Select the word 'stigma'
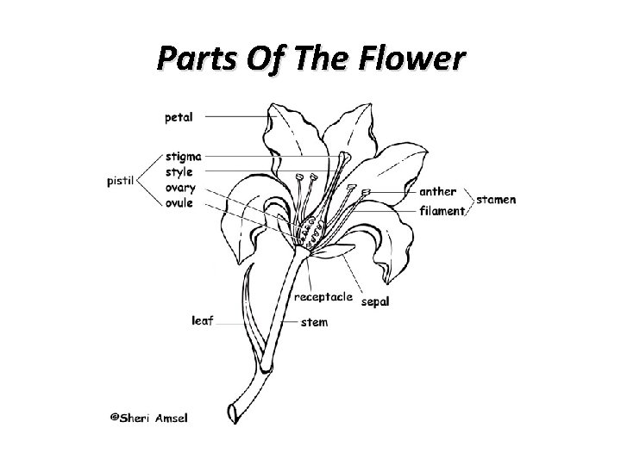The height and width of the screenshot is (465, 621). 184,157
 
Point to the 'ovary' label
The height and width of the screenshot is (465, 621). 180,188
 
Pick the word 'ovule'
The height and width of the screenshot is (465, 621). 179,203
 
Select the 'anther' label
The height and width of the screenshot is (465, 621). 437,191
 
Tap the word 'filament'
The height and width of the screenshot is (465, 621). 442,209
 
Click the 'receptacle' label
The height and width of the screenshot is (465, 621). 323,297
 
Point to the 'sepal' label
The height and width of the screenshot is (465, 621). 374,302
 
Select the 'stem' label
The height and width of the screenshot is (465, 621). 315,323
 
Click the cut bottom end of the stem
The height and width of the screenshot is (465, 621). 234,409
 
